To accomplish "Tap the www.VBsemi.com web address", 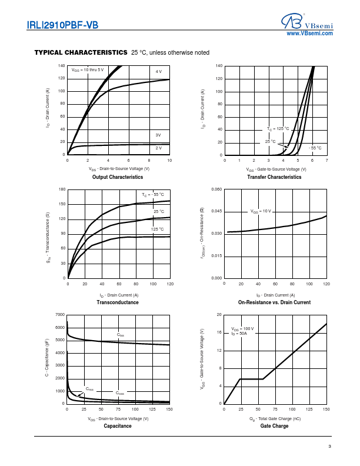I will pos(309,34).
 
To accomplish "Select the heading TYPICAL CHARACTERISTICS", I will pos(81,52).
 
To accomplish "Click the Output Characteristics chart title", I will pos(118,177).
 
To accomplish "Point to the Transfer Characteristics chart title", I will pos(274,177).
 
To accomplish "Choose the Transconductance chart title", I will pos(118,302).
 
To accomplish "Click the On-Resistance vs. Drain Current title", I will pos(274,302).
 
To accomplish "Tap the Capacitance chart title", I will pos(118,425).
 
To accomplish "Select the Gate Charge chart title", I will pos(274,425).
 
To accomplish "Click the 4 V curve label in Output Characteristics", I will pos(158,71).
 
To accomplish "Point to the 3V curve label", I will pos(158,135).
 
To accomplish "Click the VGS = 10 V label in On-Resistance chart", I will pos(261,211).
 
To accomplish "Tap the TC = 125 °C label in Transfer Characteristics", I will pos(278,128).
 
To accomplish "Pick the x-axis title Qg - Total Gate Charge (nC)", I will pos(275,418).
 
